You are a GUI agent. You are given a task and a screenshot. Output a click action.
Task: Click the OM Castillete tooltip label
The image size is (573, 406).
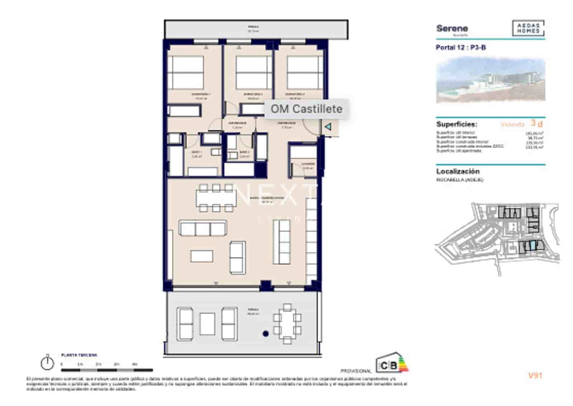click(306, 109)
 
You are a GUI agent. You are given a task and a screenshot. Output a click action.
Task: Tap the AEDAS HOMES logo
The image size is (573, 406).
click(528, 28)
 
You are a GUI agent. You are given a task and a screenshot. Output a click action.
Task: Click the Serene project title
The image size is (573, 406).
click(452, 29)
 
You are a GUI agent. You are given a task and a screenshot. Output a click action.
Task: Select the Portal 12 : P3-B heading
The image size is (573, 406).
click(461, 47)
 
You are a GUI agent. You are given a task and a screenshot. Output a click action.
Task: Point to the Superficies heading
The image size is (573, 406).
click(457, 124)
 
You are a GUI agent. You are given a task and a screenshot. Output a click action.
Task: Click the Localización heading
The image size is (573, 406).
click(458, 171)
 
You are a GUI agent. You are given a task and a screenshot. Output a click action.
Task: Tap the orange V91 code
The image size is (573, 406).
click(535, 376)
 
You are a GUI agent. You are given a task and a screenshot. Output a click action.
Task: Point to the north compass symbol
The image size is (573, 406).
click(47, 363)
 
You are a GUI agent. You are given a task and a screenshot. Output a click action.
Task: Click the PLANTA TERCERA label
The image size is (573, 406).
click(79, 355)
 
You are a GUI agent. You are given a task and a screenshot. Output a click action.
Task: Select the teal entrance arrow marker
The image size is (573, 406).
click(328, 126)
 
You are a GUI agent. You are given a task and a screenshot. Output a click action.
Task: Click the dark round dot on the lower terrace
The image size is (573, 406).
click(265, 334)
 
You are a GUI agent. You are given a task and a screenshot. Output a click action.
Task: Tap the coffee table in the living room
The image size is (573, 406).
click(202, 256)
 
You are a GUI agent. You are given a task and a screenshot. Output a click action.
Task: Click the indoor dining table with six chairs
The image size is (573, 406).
click(216, 197)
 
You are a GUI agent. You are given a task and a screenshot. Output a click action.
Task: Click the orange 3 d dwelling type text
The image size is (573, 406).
click(536, 123)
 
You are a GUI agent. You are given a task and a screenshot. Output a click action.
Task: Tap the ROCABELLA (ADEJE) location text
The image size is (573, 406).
click(459, 180)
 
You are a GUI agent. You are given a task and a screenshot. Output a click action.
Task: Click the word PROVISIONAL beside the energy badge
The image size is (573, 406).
click(356, 371)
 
